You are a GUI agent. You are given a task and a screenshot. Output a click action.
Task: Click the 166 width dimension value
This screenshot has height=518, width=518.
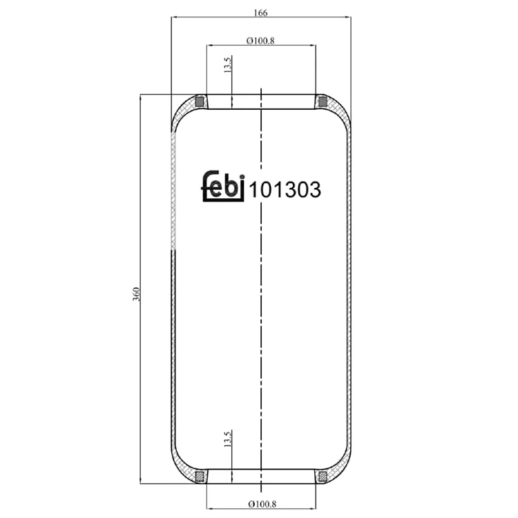click(x=260, y=13)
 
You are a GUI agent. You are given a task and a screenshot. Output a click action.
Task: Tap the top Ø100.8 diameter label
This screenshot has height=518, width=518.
click(x=260, y=41)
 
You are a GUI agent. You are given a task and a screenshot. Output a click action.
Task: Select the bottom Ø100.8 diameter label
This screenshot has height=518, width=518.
click(x=262, y=504)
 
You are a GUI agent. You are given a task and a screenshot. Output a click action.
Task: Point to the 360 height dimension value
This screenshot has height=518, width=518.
click(x=136, y=294)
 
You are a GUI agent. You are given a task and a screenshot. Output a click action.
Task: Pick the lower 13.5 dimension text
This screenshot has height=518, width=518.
click(x=228, y=439)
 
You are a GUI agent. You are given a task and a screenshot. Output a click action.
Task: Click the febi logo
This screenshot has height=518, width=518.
click(x=223, y=186)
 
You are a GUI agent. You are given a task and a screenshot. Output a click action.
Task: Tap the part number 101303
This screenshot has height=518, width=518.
click(x=285, y=190)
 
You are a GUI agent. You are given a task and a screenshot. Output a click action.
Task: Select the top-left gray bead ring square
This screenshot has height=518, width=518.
click(x=200, y=102)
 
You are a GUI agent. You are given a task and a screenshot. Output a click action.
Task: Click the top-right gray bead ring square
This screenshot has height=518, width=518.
click(x=323, y=102)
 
